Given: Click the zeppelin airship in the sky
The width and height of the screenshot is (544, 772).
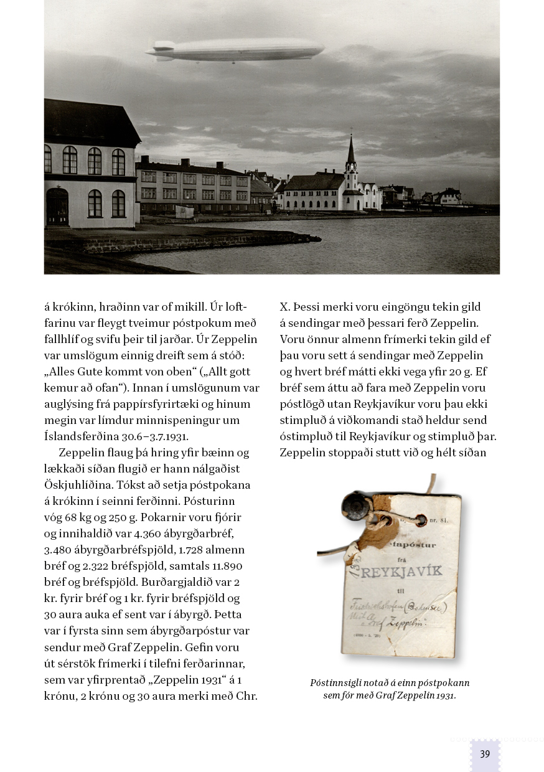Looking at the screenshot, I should tap(237, 49).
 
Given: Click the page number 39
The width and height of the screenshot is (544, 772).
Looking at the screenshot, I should tap(485, 754).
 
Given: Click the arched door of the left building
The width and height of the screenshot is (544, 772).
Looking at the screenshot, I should tap(57, 207).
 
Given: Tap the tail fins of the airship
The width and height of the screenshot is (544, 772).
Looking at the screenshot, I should tap(161, 49).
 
